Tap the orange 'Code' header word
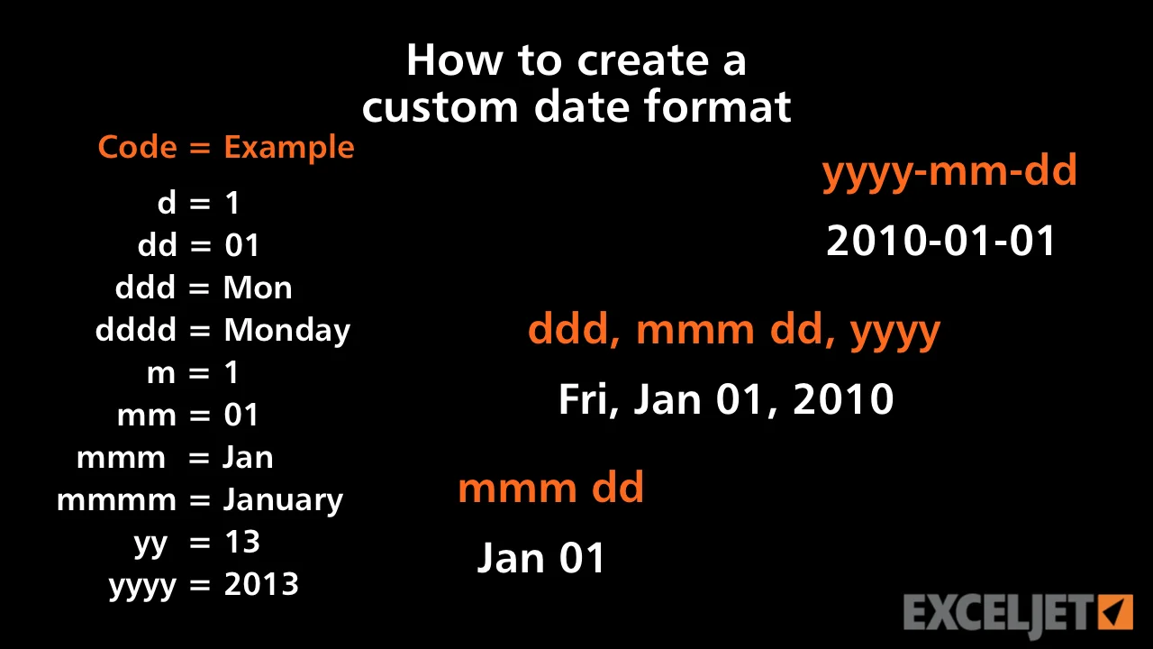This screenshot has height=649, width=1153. pos(138,147)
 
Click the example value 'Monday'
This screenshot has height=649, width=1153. pos(287,331)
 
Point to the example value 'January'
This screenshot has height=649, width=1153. pos(283,500)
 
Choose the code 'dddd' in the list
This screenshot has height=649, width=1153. pos(136,329)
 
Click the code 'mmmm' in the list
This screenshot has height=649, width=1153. pos(116,501)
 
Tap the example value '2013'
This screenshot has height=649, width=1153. pos(261,584)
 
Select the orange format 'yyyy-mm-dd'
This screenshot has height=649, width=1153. pos(949,172)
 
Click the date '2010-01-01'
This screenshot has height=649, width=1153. pos(941,241)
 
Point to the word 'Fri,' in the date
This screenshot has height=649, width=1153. pos(589,399)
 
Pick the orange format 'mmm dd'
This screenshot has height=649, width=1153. pos(550,487)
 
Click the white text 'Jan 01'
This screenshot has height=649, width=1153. pos(541,558)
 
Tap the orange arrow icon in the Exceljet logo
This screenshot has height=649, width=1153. pos(1115,612)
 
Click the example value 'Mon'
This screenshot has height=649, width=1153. pos(258,288)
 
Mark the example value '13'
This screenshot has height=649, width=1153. pos(242,542)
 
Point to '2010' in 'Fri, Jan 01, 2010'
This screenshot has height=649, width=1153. pos(843,399)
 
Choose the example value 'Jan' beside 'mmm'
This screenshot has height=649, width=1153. pos(248,457)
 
